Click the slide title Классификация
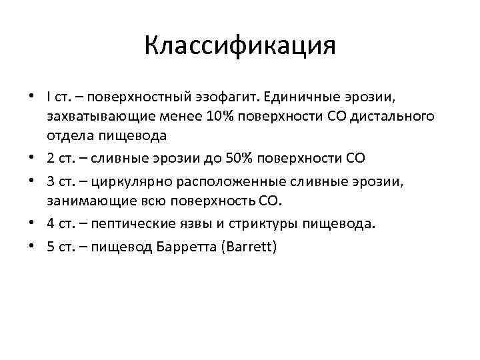(x=240, y=47)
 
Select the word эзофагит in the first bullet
(x=229, y=97)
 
